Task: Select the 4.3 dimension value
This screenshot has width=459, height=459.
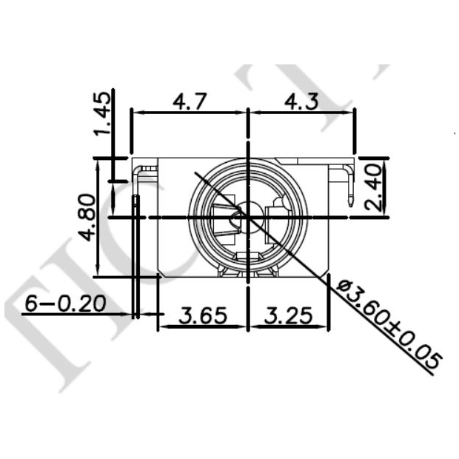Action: point(301,101)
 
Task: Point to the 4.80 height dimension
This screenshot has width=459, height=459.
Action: point(87,216)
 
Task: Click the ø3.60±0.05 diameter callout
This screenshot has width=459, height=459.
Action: point(387,324)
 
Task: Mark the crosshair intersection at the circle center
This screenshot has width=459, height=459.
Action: point(247,217)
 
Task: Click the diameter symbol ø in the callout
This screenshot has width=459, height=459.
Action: point(342,285)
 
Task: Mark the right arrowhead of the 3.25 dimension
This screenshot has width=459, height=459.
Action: point(326,326)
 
